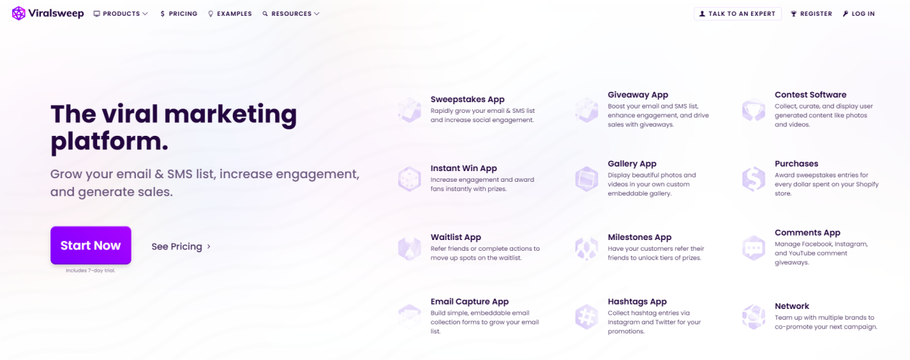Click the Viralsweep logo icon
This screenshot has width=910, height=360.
tap(19, 14)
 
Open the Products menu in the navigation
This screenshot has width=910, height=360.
tap(121, 14)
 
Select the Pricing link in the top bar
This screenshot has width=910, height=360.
tap(179, 14)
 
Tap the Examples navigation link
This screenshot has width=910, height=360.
tap(230, 14)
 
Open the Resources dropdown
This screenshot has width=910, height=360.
tap(291, 14)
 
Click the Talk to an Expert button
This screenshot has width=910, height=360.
tap(737, 14)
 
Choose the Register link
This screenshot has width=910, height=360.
tap(812, 14)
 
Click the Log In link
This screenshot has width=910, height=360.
tap(859, 14)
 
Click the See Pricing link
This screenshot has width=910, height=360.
tap(181, 246)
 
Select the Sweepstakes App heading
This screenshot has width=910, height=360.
tap(468, 99)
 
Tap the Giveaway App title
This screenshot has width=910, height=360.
tap(638, 95)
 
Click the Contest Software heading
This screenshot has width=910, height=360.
tap(811, 95)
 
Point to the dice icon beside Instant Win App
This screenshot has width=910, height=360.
tap(410, 179)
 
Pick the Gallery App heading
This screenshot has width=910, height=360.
tap(632, 164)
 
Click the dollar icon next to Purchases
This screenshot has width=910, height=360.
tap(753, 179)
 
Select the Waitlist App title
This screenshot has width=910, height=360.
tap(456, 237)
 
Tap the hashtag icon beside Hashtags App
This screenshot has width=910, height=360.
tap(587, 316)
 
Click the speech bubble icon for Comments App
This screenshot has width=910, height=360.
tap(753, 247)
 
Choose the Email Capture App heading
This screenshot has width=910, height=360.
tap(469, 302)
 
